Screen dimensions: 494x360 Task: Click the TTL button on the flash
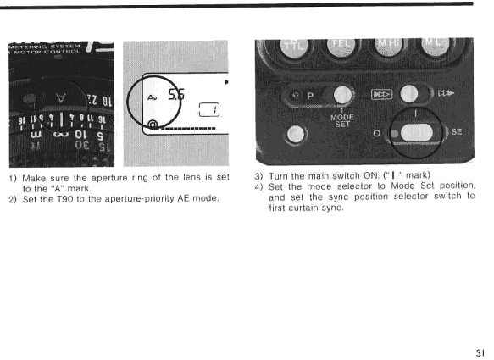[x=295, y=47]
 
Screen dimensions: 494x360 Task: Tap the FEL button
[x=341, y=47]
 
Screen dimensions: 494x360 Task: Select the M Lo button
[x=436, y=47]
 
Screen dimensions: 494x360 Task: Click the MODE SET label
[x=342, y=120]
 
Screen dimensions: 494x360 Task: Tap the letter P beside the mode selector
[x=310, y=96]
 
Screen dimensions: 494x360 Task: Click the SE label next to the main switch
[x=457, y=131]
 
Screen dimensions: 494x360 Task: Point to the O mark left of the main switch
[x=376, y=133]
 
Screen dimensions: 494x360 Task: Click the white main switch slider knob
[x=417, y=133]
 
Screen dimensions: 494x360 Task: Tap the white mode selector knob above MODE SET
[x=342, y=95]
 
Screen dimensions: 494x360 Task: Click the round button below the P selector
[x=296, y=135]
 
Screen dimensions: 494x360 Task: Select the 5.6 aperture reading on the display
[x=176, y=95]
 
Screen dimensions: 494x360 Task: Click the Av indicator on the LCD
[x=153, y=97]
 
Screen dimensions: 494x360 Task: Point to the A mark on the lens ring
[x=61, y=98]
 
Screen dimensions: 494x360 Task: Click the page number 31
[x=480, y=352]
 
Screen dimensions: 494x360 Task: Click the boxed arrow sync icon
[x=382, y=95]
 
